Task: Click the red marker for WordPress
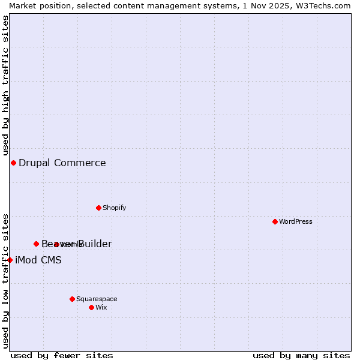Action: (x=275, y=221)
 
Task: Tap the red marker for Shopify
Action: (x=98, y=208)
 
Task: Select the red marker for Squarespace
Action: (x=72, y=299)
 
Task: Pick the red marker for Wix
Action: (x=91, y=307)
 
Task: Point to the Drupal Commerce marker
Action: (x=13, y=163)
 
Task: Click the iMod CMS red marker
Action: (x=10, y=260)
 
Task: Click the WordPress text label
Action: (x=296, y=221)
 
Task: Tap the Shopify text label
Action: (x=114, y=208)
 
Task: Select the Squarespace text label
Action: (x=97, y=299)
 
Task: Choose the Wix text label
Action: (x=101, y=307)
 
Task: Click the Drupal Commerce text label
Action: (x=62, y=163)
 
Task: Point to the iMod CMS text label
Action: (x=38, y=260)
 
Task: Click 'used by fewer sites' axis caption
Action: (x=62, y=355)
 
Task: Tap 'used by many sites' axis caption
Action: (x=301, y=355)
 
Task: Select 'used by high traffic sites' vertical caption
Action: (x=5, y=86)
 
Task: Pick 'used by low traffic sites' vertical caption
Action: (x=5, y=280)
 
